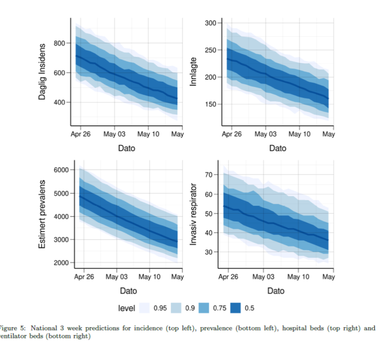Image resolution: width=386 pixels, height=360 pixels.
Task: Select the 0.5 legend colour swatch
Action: (x=237, y=308)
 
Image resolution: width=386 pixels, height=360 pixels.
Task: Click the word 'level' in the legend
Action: (x=127, y=308)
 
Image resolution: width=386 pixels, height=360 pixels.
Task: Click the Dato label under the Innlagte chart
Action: (x=277, y=148)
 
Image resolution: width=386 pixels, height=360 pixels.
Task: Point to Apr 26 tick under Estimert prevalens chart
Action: (x=84, y=277)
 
